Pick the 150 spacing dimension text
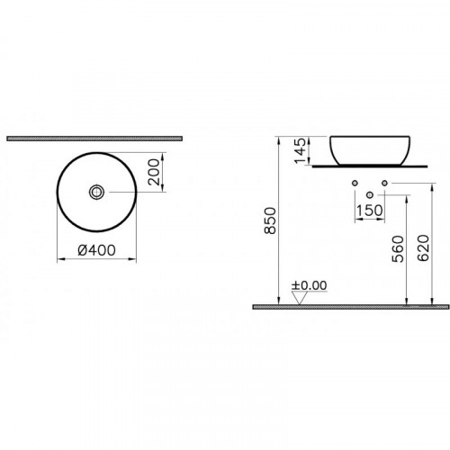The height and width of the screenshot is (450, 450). [x=370, y=212]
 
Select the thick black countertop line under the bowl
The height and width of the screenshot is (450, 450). [x=370, y=166]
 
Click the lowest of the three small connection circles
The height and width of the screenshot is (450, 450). [x=370, y=194]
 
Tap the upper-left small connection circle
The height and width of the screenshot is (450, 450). [x=356, y=184]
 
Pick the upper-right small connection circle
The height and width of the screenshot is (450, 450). [x=384, y=184]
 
